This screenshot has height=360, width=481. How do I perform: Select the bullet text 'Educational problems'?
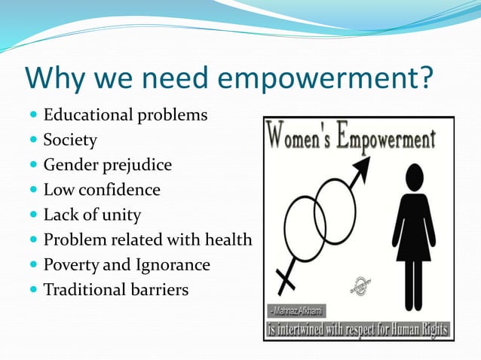(x=125, y=115)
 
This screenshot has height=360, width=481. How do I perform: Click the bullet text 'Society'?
(x=70, y=140)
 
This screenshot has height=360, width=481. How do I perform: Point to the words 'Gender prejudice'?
(x=107, y=164)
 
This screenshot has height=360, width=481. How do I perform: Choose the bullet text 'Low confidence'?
(x=102, y=189)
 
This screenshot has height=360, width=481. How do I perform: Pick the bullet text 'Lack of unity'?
(x=92, y=215)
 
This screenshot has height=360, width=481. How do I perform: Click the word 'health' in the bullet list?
(x=228, y=239)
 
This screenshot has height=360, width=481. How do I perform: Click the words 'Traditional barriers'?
(x=115, y=289)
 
